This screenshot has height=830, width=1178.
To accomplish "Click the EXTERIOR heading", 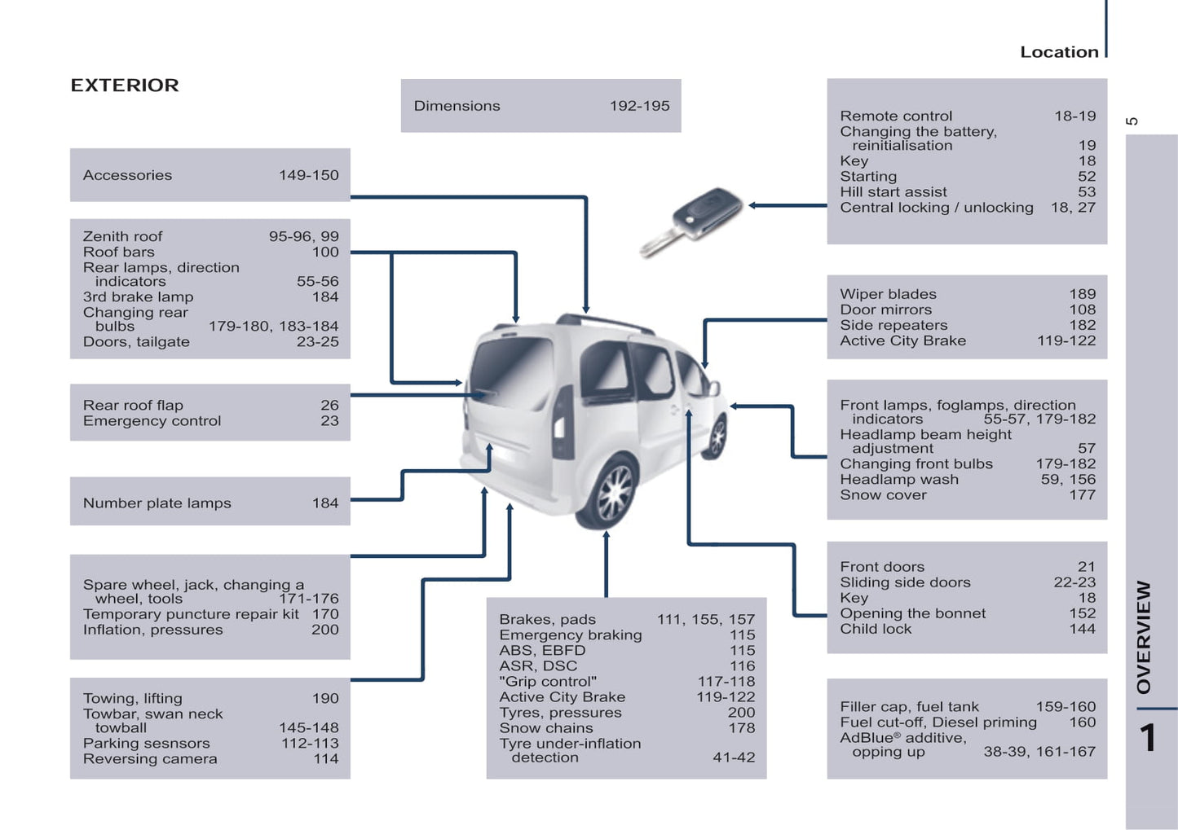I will pyautogui.click(x=125, y=86).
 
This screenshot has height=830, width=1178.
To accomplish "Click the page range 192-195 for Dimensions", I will pyautogui.click(x=639, y=106).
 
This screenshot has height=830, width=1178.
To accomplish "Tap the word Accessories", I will pyautogui.click(x=127, y=175).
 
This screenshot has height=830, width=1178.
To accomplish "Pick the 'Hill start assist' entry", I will pyautogui.click(x=893, y=192).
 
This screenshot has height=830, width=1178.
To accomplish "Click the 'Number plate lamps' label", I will pyautogui.click(x=157, y=503).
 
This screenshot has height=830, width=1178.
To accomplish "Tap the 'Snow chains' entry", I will pyautogui.click(x=546, y=728).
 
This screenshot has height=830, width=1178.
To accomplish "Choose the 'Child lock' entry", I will pyautogui.click(x=876, y=629).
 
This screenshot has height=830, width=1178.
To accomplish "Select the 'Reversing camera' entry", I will pyautogui.click(x=150, y=759).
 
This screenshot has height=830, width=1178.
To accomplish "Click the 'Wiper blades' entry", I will pyautogui.click(x=888, y=294).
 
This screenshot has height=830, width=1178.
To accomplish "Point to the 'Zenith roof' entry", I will pyautogui.click(x=122, y=236).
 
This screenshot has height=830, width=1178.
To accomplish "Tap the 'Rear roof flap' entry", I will pyautogui.click(x=133, y=406).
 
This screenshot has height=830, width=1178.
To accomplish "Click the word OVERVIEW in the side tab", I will pyautogui.click(x=1144, y=636).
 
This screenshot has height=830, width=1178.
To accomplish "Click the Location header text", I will pyautogui.click(x=1059, y=52).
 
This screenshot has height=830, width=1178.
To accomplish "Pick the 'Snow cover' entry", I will pyautogui.click(x=883, y=495).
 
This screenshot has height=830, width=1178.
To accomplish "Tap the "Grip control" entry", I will pyautogui.click(x=548, y=682).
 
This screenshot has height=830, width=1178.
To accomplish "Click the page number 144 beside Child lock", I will pyautogui.click(x=1082, y=629).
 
